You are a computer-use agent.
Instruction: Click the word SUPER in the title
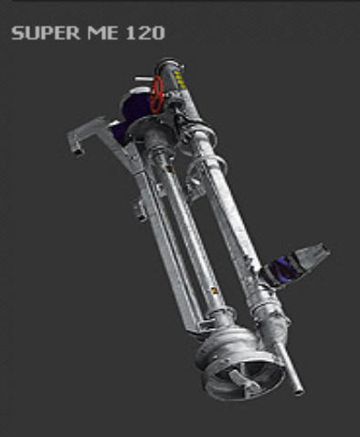tap(46, 33)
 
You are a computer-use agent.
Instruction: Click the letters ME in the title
tap(102, 33)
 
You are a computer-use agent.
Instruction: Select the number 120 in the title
tap(145, 33)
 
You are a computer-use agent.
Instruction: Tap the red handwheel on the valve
tap(157, 94)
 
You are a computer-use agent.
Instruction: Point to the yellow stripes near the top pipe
tap(179, 80)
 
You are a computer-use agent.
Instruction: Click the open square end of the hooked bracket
tap(79, 150)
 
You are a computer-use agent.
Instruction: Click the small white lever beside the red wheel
tap(143, 79)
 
